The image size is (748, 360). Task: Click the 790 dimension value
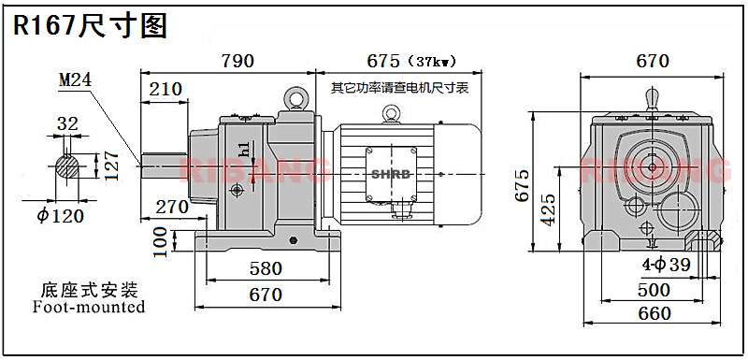click(x=237, y=61)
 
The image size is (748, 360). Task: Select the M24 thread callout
click(x=75, y=80)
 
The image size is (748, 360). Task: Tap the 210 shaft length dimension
click(x=165, y=89)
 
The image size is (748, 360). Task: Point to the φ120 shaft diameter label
click(x=61, y=216)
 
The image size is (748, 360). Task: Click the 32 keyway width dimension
click(x=67, y=124)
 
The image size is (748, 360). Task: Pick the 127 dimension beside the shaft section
click(x=111, y=166)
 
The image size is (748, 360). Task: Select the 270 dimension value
click(x=172, y=207)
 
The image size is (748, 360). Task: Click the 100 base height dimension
click(x=161, y=242)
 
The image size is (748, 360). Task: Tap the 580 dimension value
click(x=266, y=268)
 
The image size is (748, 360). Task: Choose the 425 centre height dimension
click(x=548, y=209)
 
